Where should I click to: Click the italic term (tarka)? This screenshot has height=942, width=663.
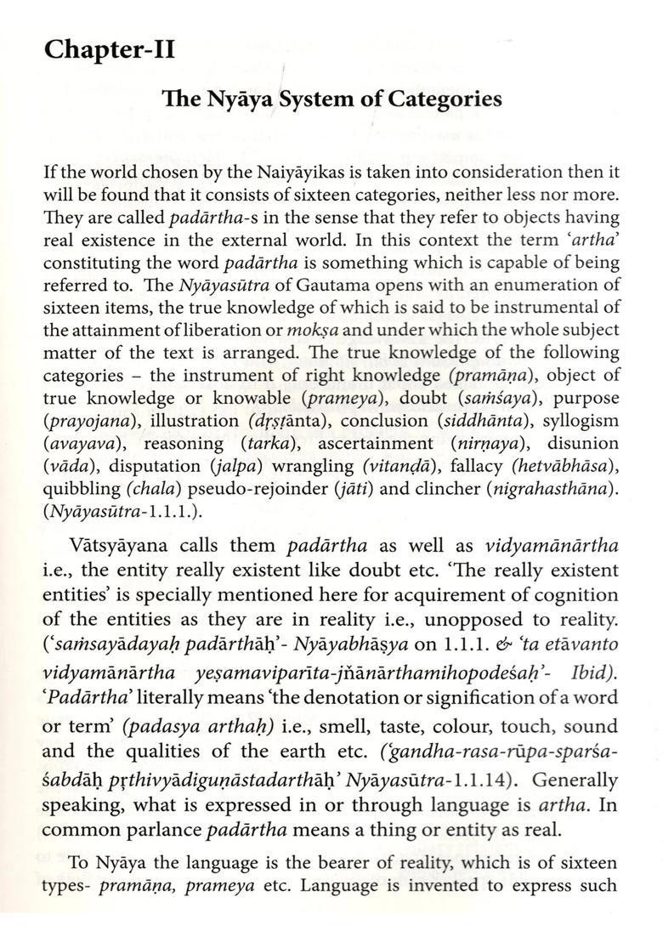click(269, 444)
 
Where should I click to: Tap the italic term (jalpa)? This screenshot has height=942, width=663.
click(235, 467)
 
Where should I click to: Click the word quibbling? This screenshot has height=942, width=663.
click(80, 490)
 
